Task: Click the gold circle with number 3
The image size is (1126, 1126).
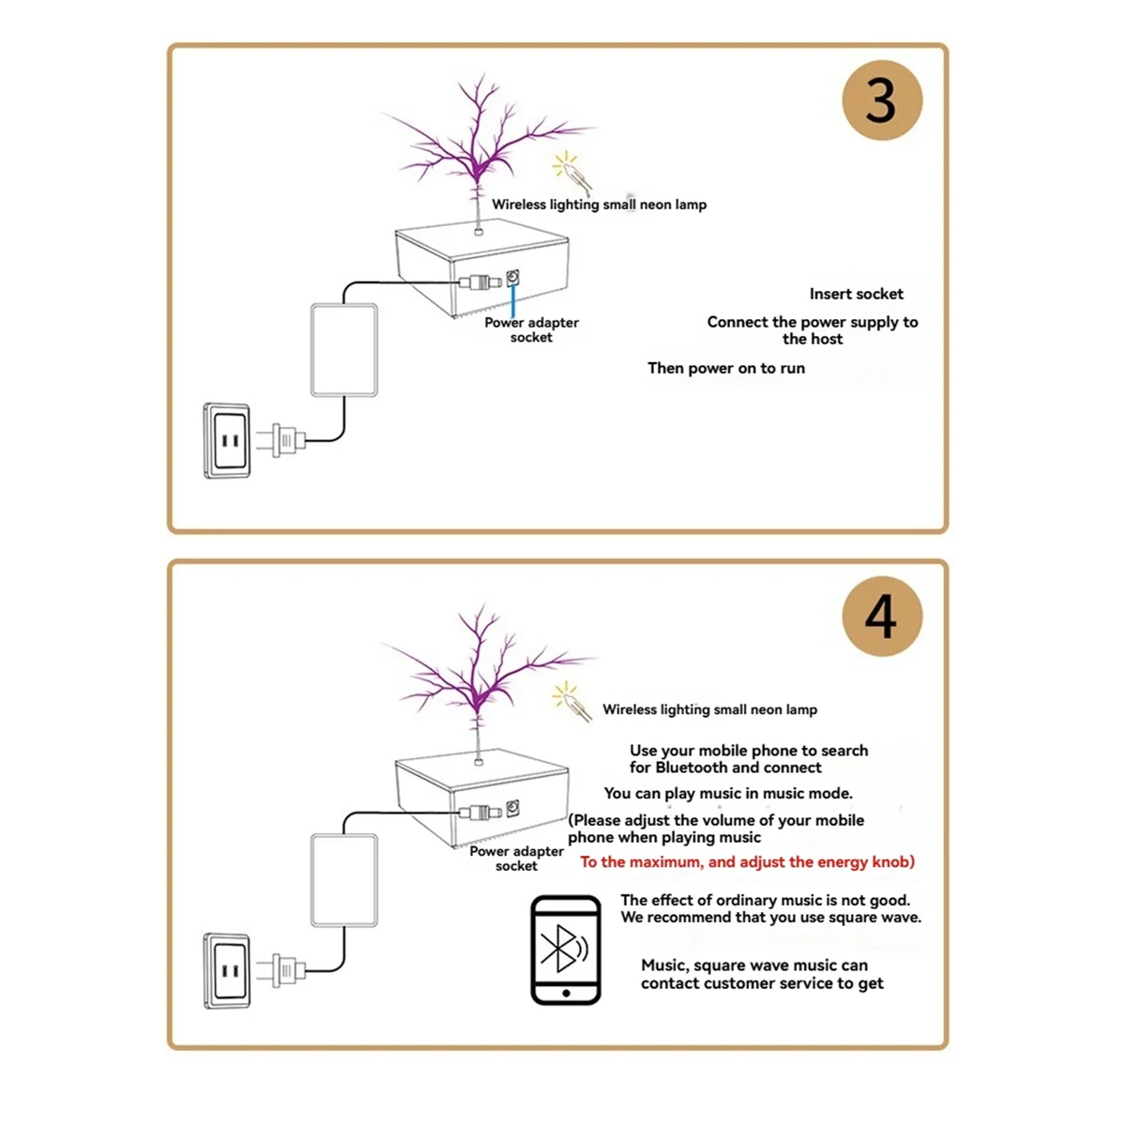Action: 881,100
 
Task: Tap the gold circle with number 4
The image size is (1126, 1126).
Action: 881,616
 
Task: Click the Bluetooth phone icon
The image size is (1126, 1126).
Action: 565,950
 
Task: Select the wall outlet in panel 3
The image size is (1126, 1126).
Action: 227,440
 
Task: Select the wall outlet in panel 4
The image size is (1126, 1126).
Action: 227,970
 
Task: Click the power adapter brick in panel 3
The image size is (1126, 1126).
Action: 343,350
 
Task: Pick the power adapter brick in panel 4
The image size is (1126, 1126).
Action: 343,880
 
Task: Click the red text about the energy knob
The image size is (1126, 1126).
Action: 747,861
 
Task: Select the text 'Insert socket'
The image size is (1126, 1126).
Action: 856,294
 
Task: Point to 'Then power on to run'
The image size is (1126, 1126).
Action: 726,368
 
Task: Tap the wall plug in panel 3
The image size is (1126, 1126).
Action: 286,439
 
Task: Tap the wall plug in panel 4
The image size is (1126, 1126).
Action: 286,969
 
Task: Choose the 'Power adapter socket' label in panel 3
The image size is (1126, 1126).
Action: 531,329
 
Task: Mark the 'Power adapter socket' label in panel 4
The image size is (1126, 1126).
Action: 516,859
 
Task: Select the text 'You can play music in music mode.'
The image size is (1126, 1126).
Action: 728,793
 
